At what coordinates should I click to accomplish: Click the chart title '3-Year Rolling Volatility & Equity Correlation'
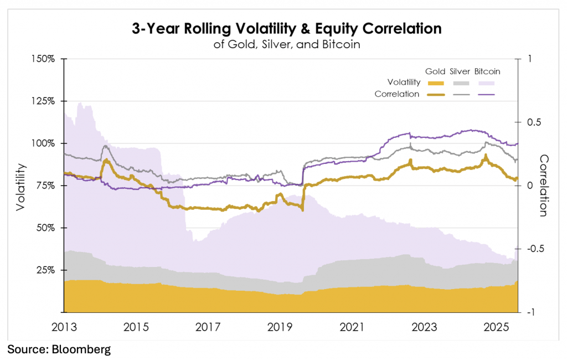pyautogui.click(x=286, y=29)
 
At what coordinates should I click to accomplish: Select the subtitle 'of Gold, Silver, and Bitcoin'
pyautogui.click(x=287, y=44)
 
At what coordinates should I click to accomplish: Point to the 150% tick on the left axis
pyautogui.click(x=43, y=59)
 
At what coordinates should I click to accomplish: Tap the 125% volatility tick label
pyautogui.click(x=43, y=101)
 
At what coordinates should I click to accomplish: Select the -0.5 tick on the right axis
pyautogui.click(x=532, y=249)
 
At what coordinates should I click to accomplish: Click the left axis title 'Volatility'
pyautogui.click(x=20, y=186)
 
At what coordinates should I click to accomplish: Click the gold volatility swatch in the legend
pyautogui.click(x=436, y=83)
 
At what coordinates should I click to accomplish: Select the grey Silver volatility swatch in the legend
pyautogui.click(x=462, y=83)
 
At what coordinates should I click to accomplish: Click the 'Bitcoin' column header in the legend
pyautogui.click(x=488, y=71)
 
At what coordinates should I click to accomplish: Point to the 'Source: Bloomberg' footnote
pyautogui.click(x=59, y=349)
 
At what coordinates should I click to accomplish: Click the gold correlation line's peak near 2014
pyautogui.click(x=106, y=160)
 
